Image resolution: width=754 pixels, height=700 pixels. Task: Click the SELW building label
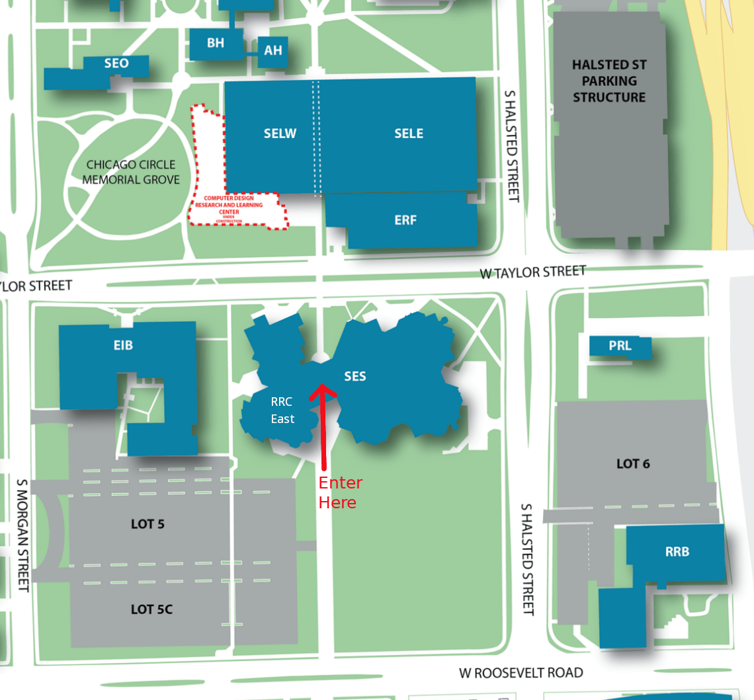pos(280,134)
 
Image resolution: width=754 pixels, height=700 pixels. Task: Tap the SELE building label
pos(408,134)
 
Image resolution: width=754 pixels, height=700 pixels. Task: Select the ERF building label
pos(405,220)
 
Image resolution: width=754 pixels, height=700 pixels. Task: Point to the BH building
pos(216,44)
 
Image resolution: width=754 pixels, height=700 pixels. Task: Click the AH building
pos(272,50)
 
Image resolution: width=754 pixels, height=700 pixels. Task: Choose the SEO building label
pos(116,64)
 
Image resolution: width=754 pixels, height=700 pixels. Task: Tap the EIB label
pos(123,345)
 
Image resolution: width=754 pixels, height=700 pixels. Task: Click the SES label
pos(355,377)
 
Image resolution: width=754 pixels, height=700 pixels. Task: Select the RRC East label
pos(282,410)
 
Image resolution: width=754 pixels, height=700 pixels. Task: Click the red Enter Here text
pos(340,492)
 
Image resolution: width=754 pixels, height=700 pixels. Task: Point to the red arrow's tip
pos(322,385)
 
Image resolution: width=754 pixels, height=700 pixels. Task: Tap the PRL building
pos(620,346)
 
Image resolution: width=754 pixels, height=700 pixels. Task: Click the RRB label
pos(677,551)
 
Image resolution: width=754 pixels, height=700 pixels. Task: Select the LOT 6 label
pos(633,464)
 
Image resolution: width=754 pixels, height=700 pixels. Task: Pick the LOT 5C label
pos(151,609)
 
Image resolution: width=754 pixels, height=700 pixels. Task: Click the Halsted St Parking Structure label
pos(609,81)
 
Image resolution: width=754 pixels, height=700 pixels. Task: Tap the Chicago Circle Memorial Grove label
pos(131,172)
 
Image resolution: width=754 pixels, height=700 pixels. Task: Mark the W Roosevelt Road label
pos(521,673)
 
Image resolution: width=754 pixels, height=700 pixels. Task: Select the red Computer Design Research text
pos(233,204)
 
